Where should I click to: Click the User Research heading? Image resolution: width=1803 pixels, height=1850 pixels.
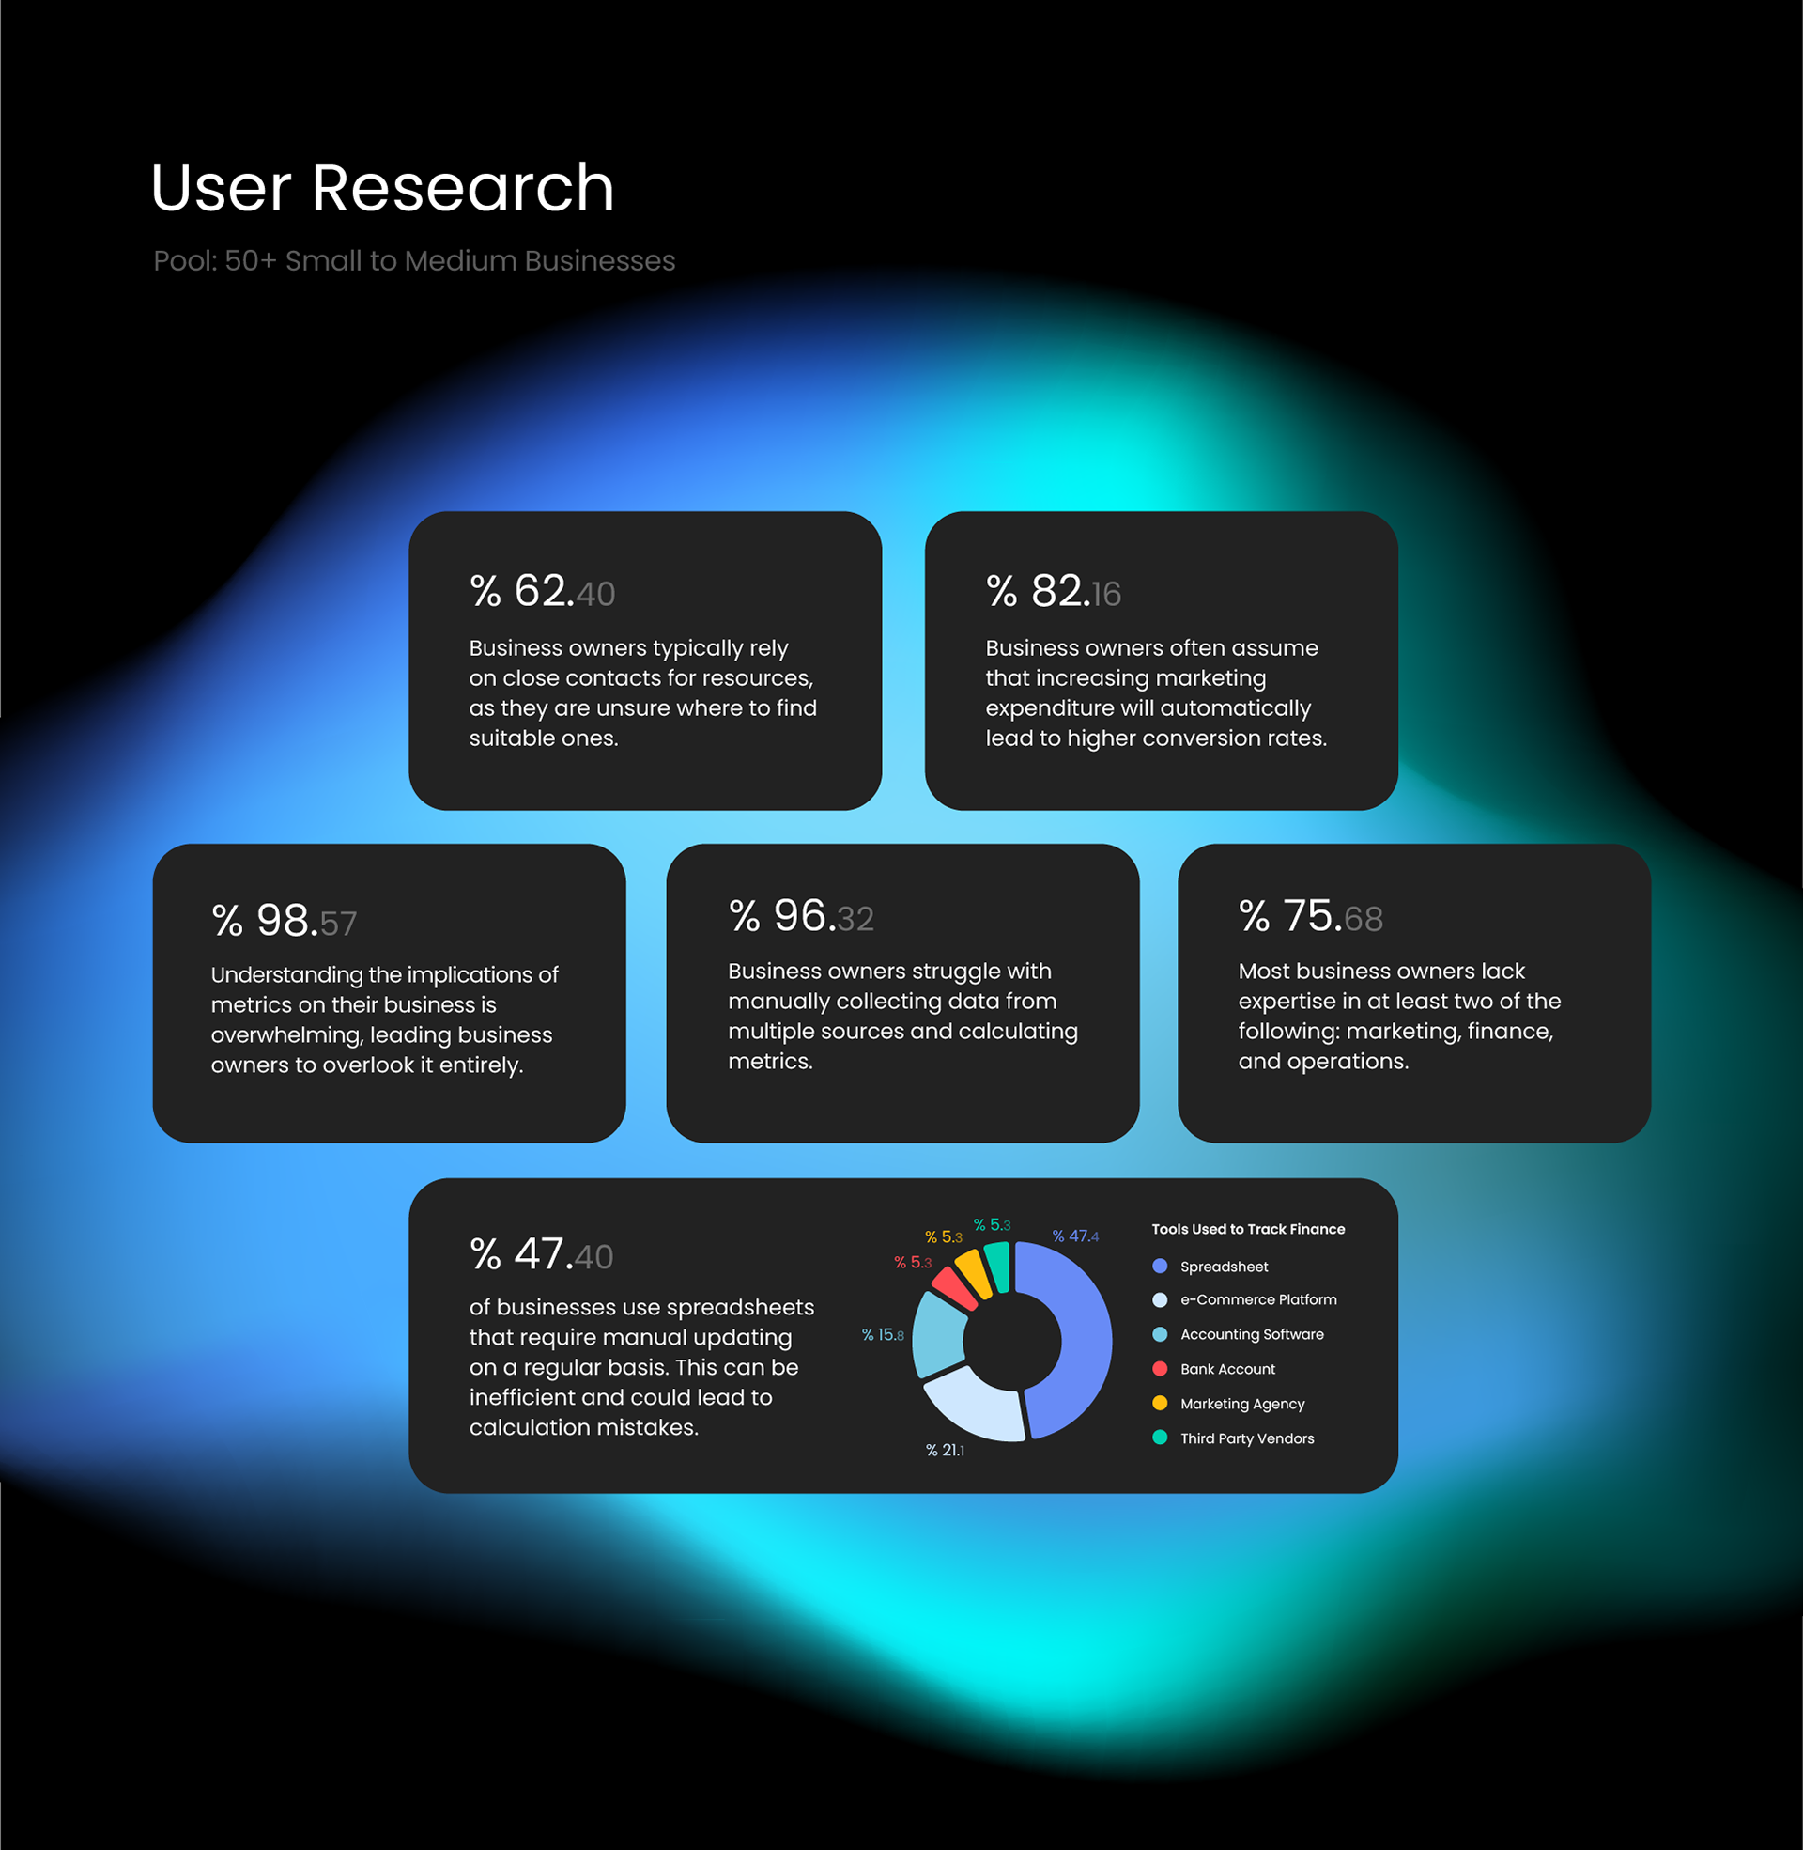(381, 188)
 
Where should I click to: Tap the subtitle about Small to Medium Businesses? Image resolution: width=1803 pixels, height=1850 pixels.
(414, 260)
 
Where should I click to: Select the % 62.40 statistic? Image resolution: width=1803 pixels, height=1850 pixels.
(542, 591)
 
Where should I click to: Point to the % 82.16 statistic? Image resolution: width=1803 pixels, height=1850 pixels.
(1053, 591)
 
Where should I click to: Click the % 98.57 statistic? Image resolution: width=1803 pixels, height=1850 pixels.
(284, 921)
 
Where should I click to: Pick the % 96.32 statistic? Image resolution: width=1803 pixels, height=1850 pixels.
(800, 916)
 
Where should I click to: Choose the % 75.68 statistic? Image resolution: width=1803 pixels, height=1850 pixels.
(1311, 916)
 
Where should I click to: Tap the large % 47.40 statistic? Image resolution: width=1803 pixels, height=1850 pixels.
(541, 1254)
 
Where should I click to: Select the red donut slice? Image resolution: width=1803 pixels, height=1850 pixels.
(952, 1287)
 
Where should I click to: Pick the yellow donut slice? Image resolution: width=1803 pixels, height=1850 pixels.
(974, 1272)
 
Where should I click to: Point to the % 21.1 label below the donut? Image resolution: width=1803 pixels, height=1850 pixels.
(944, 1451)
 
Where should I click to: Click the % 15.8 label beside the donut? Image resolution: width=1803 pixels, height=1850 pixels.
(882, 1335)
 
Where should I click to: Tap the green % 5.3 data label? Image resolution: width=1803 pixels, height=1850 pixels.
(992, 1225)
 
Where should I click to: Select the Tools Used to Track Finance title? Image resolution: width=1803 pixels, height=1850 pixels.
(1247, 1229)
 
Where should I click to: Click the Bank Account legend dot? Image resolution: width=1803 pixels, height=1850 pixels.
(1159, 1369)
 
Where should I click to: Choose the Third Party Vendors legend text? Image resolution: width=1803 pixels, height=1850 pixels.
(1246, 1438)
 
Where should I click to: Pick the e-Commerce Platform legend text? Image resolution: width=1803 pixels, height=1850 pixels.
(1257, 1299)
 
